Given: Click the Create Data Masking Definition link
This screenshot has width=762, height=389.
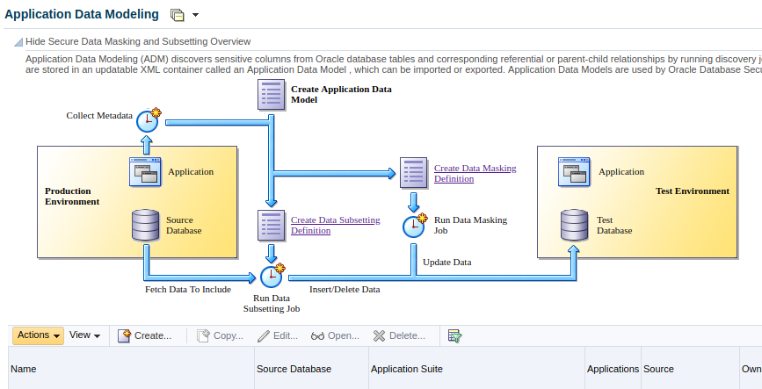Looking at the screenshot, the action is coord(475,173).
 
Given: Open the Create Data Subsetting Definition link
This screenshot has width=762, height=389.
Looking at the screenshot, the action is coord(336,226).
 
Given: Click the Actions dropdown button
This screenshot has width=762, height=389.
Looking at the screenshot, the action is coord(38,335).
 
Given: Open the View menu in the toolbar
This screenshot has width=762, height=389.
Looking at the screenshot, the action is coord(84,335).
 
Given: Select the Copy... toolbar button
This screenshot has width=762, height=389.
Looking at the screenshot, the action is coord(220,336).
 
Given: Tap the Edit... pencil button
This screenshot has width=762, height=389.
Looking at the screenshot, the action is coord(278,336).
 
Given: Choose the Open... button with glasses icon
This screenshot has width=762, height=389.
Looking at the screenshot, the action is coord(336,336).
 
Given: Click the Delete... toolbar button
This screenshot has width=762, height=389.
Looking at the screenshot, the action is coord(399,336).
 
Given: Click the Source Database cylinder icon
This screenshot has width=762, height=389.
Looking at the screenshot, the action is coord(146,225).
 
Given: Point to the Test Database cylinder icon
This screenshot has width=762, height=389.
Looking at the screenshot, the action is coord(575,225).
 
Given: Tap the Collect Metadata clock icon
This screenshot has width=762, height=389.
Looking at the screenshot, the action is coord(149,120).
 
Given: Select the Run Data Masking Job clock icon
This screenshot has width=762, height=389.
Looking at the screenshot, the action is coord(415,226).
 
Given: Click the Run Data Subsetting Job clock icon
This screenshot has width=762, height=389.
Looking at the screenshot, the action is coord(272,276).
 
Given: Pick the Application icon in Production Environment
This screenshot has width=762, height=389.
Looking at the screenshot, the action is coord(145,172).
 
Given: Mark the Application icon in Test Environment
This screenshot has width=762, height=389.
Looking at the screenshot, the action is coord(575,172).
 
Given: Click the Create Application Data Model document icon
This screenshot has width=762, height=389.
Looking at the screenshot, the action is coord(272,95).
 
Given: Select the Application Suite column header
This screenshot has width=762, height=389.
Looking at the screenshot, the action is coord(407,369).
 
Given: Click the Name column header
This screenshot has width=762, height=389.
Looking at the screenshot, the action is coord(24,369).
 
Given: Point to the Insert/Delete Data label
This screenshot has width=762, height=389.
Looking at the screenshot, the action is coord(345,290).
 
